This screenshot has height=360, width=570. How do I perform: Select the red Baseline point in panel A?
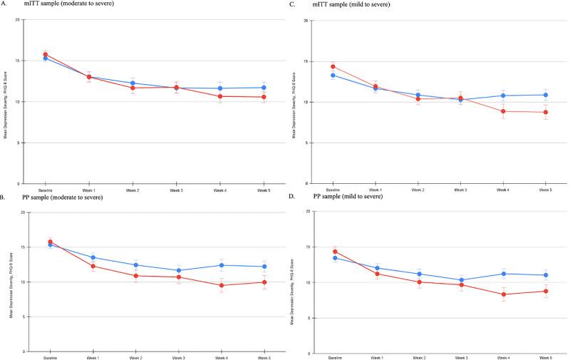click(46, 54)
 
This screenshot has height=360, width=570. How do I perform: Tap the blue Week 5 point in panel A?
click(264, 88)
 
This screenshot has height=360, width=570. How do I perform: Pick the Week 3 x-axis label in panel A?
click(176, 190)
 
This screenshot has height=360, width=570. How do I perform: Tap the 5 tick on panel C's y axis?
click(306, 143)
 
